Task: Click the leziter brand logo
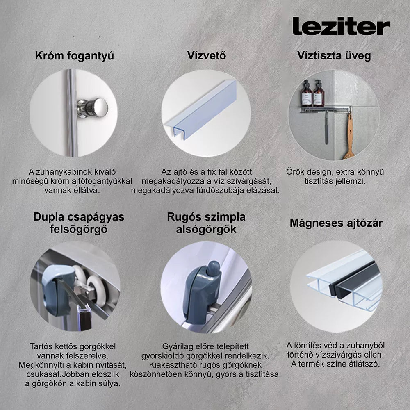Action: [x=341, y=26]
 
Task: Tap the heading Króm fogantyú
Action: [x=75, y=56]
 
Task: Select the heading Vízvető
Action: [x=207, y=55]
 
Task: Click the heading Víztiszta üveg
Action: [x=334, y=56]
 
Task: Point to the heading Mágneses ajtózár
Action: [x=336, y=223]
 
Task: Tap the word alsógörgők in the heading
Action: [x=206, y=229]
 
